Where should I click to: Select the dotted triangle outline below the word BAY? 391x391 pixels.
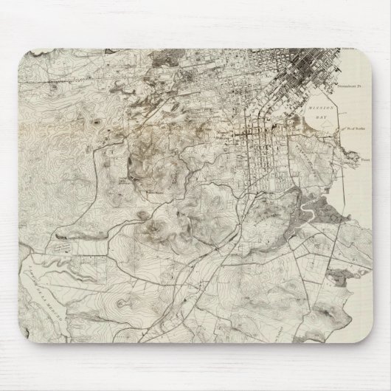coord(314,126)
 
